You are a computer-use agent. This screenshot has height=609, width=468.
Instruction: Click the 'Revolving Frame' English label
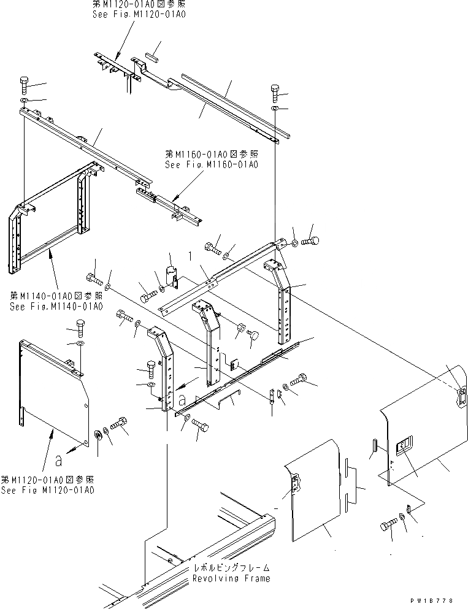pyautogui.click(x=231, y=578)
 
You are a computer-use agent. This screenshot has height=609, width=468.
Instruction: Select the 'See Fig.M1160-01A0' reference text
pyautogui.click(x=212, y=164)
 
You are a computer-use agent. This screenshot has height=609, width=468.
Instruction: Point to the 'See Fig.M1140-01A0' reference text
pyautogui.click(x=56, y=307)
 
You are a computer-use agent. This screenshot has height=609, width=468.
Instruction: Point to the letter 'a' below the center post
pyautogui.click(x=183, y=399)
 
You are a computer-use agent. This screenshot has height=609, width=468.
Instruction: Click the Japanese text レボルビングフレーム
pyautogui.click(x=231, y=568)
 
